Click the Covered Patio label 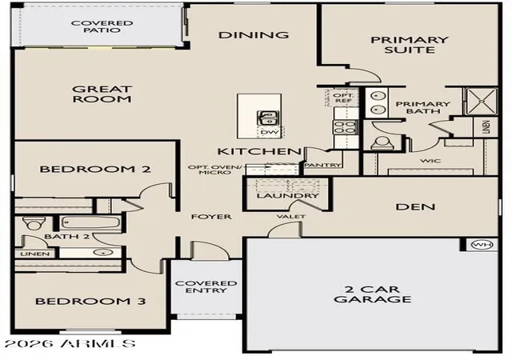[x=102, y=26]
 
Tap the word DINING [x=254, y=35]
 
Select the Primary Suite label [x=409, y=45]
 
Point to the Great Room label [x=102, y=94]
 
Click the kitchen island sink [x=268, y=118]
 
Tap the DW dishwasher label [x=270, y=132]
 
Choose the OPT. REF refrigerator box [x=342, y=98]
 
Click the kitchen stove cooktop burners [x=345, y=127]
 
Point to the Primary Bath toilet [x=382, y=143]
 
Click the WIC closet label [x=430, y=161]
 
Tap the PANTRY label [x=323, y=165]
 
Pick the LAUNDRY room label [x=287, y=196]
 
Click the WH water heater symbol [x=482, y=244]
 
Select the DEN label [x=415, y=206]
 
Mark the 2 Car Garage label [x=373, y=294]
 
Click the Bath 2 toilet [x=32, y=223]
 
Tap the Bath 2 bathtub [x=90, y=222]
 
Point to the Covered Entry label [x=206, y=287]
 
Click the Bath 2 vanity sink [x=103, y=253]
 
